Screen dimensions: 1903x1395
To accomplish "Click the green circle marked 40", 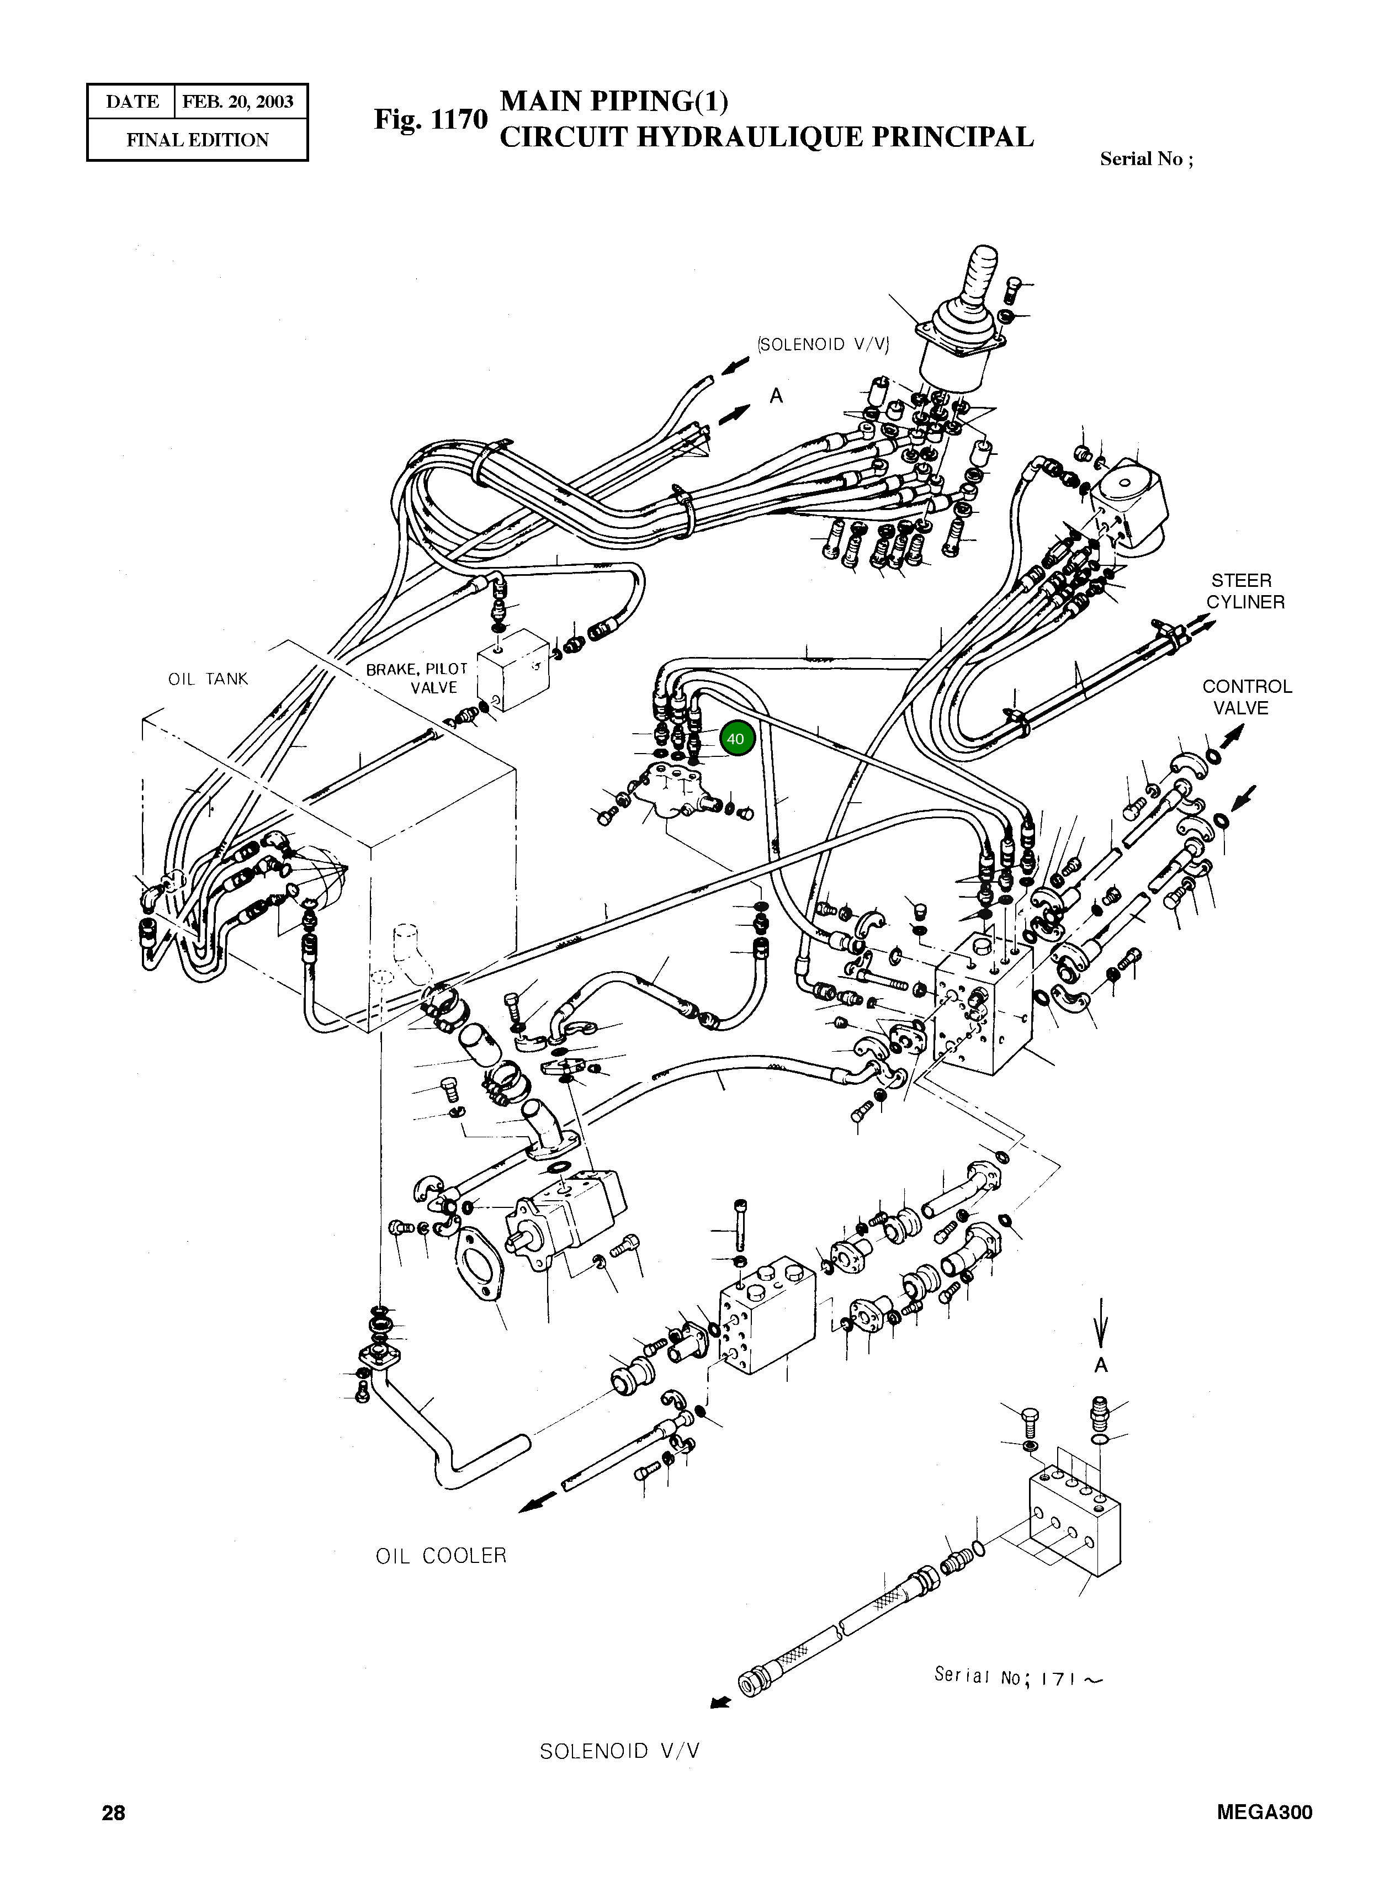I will pos(735,739).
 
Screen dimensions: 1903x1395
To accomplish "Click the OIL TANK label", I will pos(208,679).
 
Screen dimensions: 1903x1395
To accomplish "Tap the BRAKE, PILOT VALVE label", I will pos(416,678).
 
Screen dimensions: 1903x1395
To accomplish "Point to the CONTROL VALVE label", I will pos(1247,697).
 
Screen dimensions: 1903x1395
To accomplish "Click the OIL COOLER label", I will pos(441,1555).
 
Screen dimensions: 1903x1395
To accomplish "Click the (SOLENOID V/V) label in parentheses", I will pos(824,344).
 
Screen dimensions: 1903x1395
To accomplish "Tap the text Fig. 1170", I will pos(431,119).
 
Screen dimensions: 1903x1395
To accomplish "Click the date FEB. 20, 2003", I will pos(238,102).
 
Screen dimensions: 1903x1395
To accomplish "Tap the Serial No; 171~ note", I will pos(1017,1676).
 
